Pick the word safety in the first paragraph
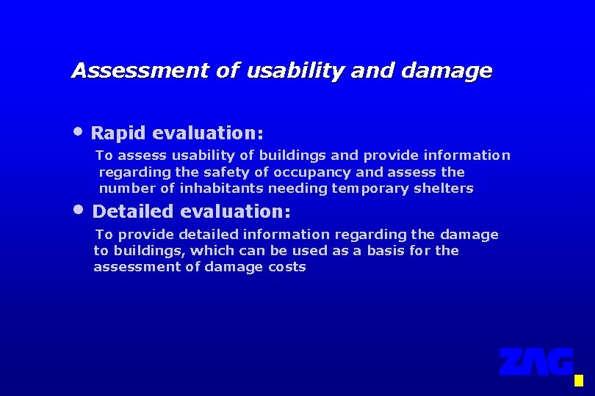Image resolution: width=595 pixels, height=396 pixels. [x=227, y=172]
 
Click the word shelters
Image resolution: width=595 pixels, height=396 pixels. [x=446, y=188]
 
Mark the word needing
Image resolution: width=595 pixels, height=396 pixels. [x=297, y=188]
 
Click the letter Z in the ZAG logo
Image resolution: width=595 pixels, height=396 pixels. [x=512, y=362]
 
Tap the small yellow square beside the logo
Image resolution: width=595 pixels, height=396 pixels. [x=578, y=381]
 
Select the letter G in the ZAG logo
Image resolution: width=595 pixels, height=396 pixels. [x=559, y=362]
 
